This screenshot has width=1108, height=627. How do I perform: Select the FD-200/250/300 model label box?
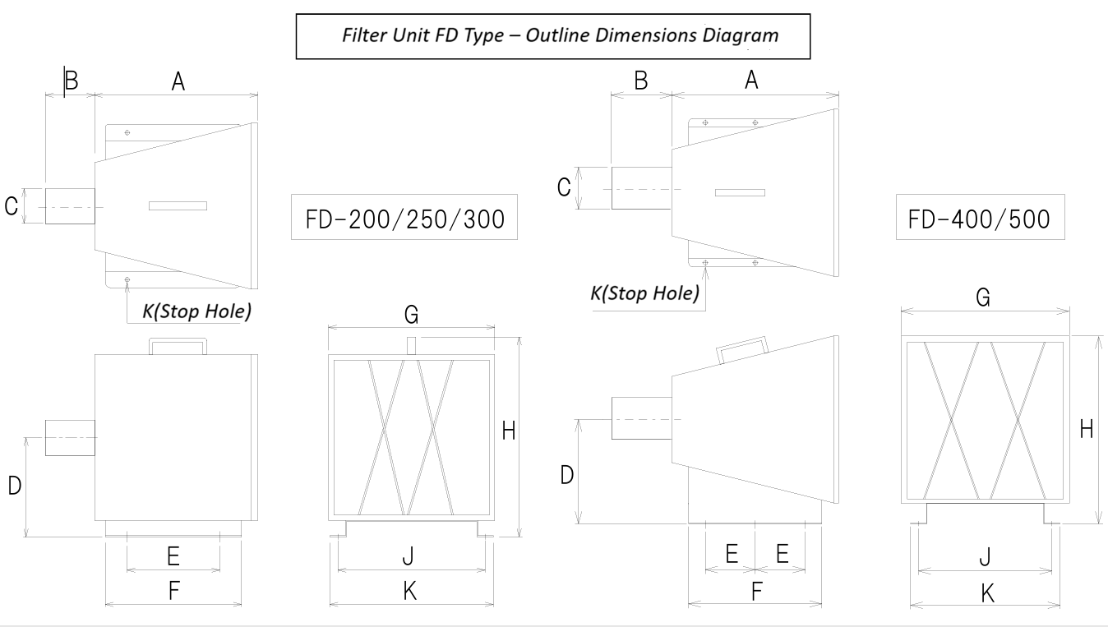pos(404,217)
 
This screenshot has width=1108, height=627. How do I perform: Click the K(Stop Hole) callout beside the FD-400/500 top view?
pos(645,293)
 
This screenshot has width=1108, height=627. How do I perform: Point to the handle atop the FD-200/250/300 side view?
pos(177,345)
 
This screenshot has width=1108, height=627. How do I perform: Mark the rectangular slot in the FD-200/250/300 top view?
pos(178,205)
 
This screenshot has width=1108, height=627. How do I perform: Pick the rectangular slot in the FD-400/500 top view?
pos(740,192)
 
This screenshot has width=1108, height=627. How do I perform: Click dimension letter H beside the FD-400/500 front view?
pos(1087,429)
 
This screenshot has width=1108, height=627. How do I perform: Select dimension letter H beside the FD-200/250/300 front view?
pos(508,431)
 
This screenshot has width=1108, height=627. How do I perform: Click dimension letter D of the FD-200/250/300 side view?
pos(14,486)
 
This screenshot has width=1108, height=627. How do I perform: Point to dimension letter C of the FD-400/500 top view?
pos(563,187)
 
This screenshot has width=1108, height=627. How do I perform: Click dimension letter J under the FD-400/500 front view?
pos(985,557)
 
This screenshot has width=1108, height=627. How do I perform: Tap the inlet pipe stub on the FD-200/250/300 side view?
pos(70,437)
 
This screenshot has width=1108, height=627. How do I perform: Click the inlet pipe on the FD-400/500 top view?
pos(641,188)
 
